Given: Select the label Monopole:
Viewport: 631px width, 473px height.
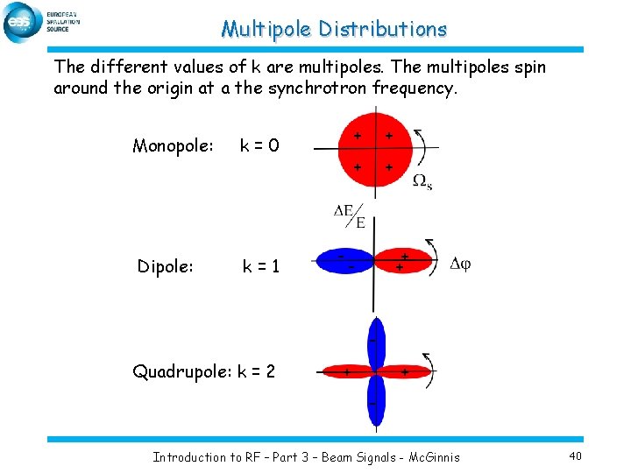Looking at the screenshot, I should (173, 145).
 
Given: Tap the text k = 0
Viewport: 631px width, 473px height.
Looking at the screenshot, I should (259, 145).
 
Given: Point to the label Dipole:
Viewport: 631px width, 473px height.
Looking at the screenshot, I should (165, 265).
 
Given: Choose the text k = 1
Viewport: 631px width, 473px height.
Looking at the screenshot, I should (260, 265).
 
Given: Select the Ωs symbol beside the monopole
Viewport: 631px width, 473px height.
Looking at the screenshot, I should (422, 181).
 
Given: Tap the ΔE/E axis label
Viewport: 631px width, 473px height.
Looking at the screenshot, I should (351, 215).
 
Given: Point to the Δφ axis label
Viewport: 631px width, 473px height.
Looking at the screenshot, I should (459, 264).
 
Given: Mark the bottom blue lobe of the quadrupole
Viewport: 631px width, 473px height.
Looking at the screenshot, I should (375, 403).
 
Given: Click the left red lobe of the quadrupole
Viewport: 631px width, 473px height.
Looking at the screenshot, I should (346, 372).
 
